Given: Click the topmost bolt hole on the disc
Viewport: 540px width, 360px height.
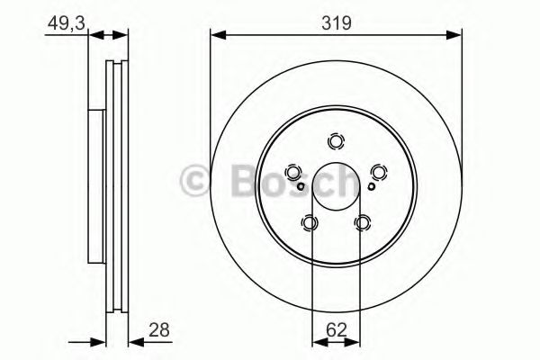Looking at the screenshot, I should [x=337, y=141].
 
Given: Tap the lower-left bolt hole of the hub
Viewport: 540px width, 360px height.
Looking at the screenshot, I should [x=310, y=222].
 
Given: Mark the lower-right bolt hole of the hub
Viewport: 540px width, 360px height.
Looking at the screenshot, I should [x=363, y=222].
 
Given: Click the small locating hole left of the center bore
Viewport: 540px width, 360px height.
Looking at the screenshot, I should [x=301, y=187].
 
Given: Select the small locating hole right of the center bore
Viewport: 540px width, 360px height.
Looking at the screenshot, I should [x=373, y=187].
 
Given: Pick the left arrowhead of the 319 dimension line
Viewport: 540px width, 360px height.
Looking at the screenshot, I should [x=216, y=36].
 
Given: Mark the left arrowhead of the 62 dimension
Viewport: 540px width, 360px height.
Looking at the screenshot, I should [x=317, y=341].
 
